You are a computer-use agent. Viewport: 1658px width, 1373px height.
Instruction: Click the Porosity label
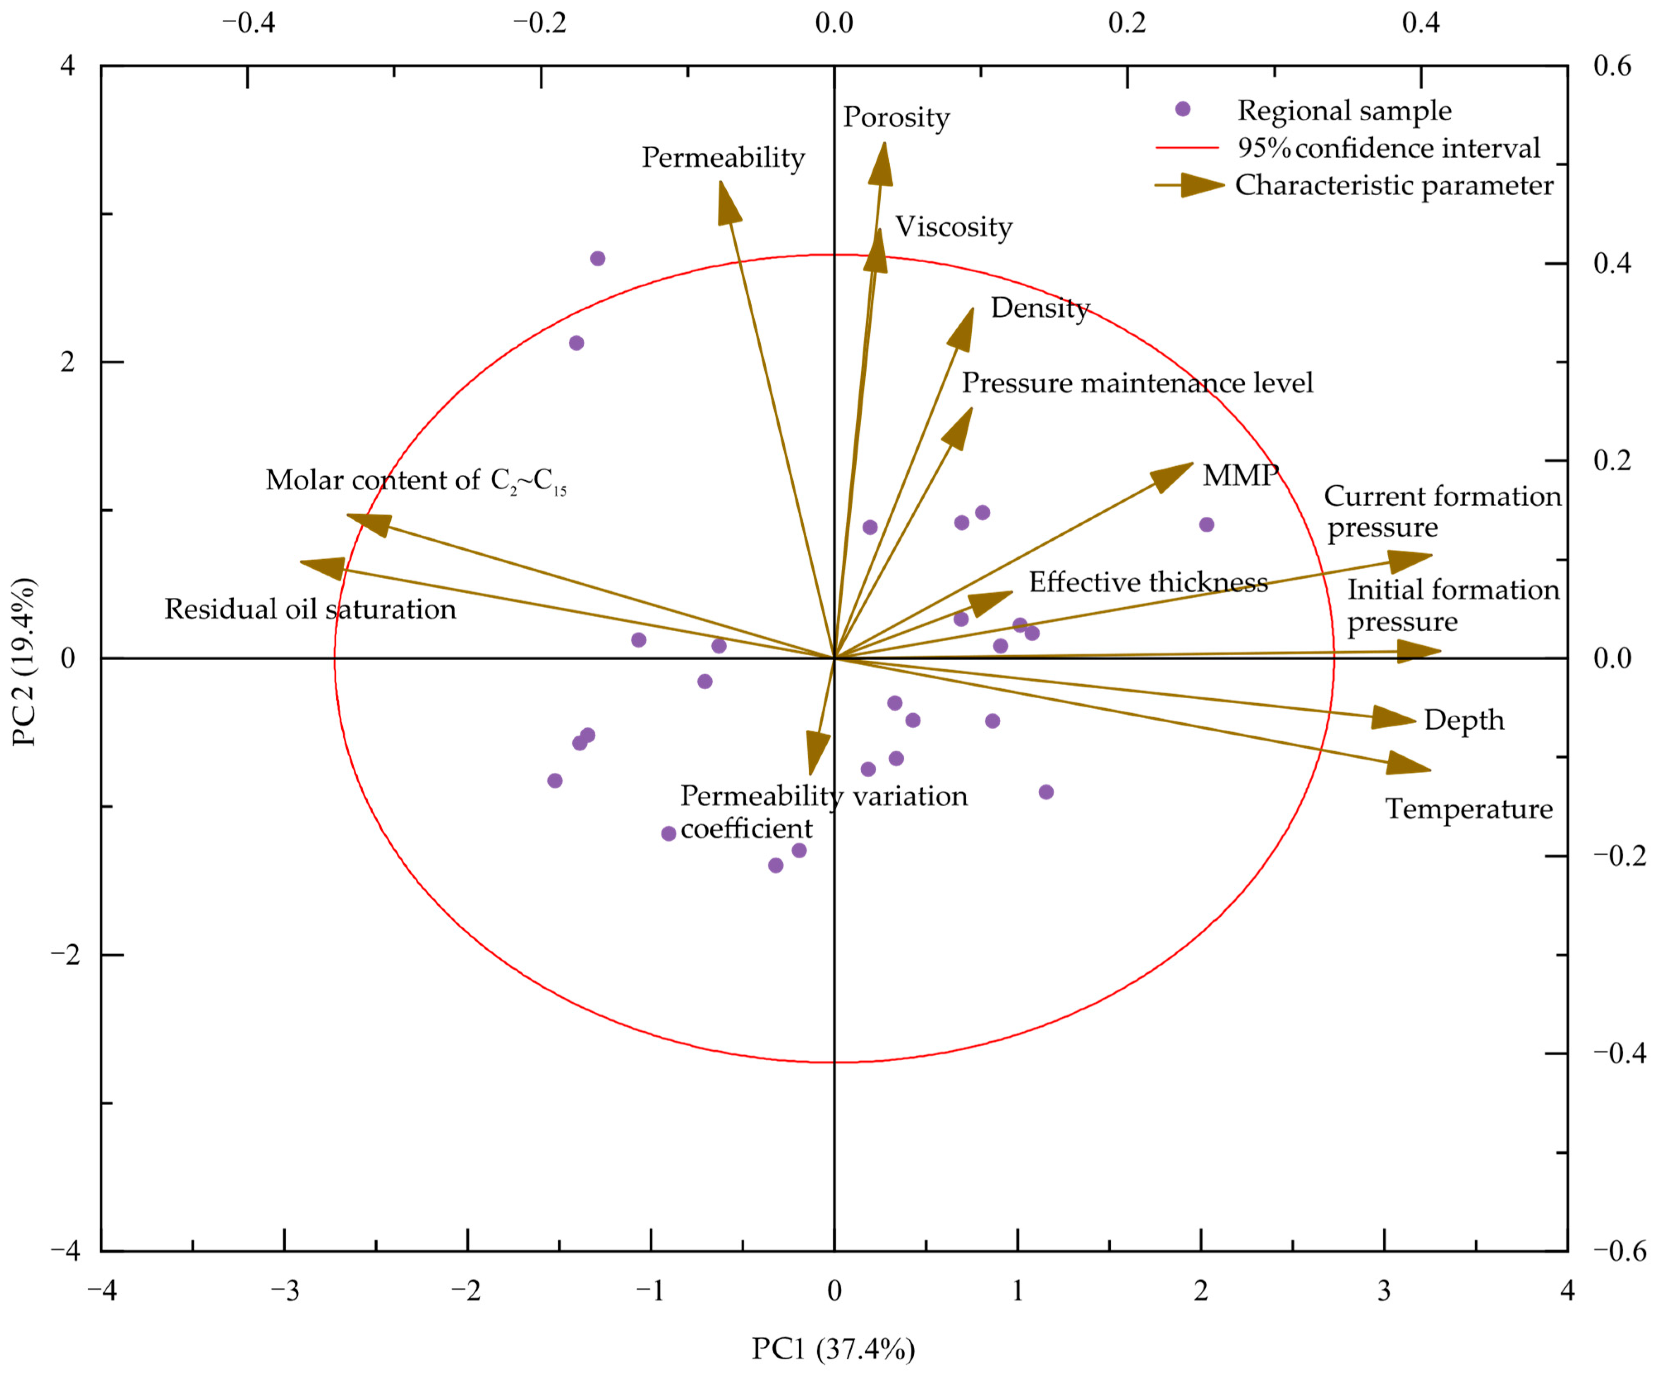(x=896, y=117)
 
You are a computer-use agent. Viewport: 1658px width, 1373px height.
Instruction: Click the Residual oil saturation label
(x=310, y=609)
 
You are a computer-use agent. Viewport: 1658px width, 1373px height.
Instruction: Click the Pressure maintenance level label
(x=1137, y=383)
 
